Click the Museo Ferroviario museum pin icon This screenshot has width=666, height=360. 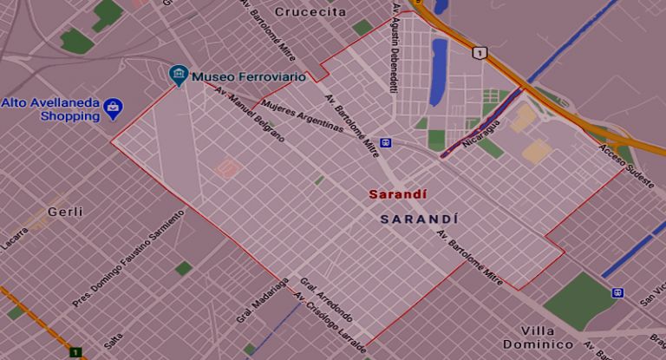click(179, 75)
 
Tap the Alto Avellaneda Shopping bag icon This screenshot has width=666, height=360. click(113, 108)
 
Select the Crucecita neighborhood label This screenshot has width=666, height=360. click(310, 12)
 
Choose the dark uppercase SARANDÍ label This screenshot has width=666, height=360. click(419, 219)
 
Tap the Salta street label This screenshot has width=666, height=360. click(113, 342)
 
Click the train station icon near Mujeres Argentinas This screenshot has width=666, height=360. click(385, 143)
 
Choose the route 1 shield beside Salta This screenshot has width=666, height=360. click(75, 352)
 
